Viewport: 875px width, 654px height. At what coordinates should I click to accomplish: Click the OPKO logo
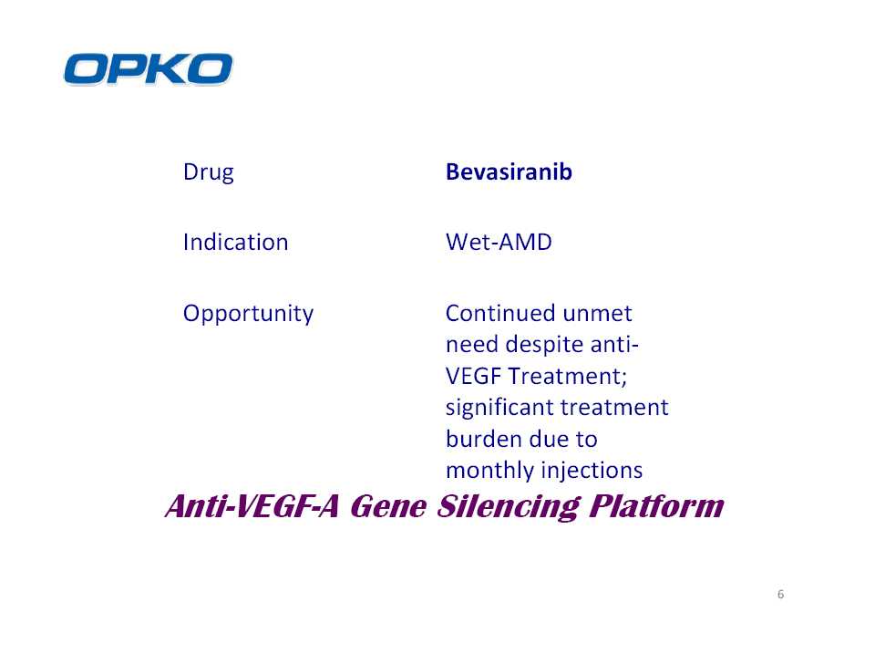[x=148, y=69]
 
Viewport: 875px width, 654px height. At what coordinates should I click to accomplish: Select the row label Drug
[x=208, y=172]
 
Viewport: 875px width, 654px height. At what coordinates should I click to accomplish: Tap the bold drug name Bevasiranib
[x=509, y=171]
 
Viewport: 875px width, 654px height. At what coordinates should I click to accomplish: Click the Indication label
[x=235, y=242]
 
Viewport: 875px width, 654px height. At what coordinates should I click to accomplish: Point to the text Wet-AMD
[x=499, y=242]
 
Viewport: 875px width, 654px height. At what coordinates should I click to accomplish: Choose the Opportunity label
[x=248, y=313]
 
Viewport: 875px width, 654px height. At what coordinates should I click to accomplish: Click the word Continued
[x=499, y=313]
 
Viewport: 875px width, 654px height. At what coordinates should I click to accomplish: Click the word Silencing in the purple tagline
[x=509, y=506]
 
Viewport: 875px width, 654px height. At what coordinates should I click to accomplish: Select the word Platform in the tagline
[x=657, y=505]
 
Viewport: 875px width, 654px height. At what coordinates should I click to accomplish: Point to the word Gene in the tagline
[x=388, y=506]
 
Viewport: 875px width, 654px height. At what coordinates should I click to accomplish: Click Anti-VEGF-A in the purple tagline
[x=252, y=506]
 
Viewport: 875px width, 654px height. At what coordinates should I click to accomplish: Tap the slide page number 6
[x=781, y=594]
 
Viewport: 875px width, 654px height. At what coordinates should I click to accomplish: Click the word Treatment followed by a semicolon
[x=568, y=376]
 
